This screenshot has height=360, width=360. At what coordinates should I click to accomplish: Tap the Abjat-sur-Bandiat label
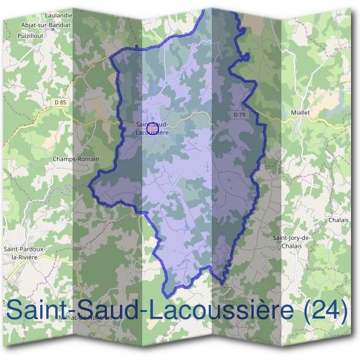click(54, 25)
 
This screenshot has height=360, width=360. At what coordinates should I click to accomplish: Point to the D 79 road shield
click(239, 115)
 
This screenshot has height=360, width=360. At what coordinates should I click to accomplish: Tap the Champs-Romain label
click(75, 159)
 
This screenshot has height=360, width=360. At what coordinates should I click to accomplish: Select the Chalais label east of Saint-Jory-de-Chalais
click(338, 220)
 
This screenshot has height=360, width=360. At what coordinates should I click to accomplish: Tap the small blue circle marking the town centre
click(152, 128)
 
